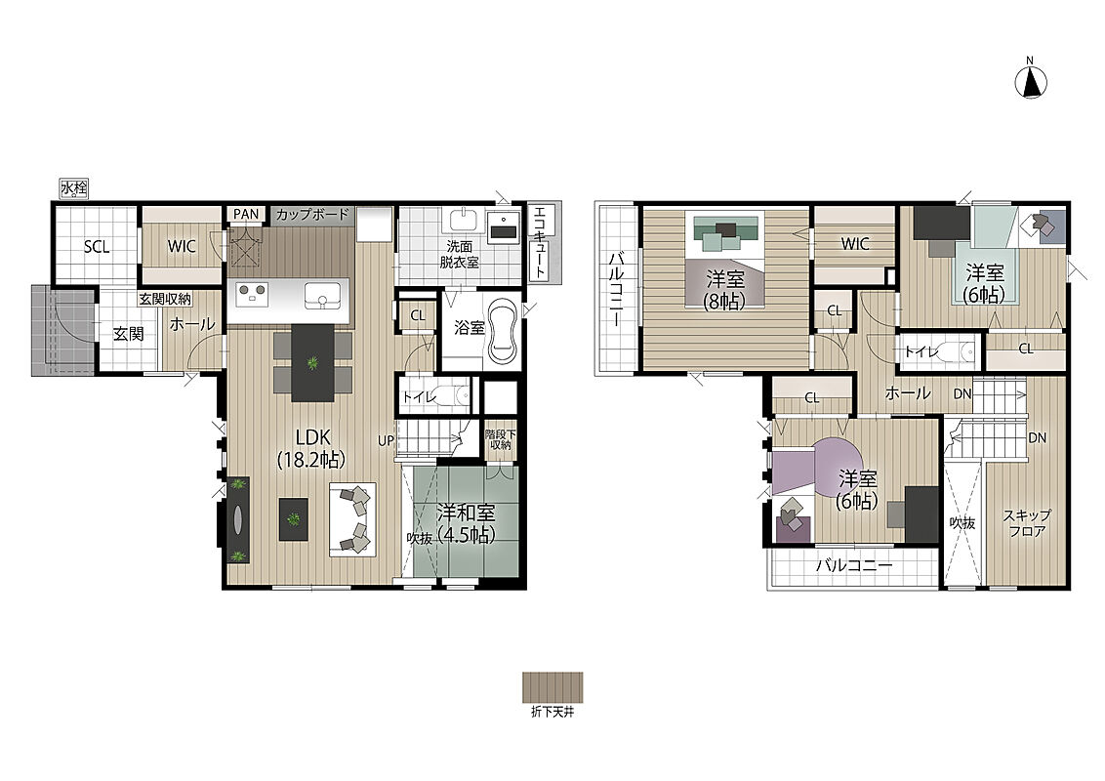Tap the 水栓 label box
click(x=74, y=189)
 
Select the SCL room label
click(x=97, y=247)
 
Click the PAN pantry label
click(x=246, y=214)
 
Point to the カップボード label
click(x=312, y=214)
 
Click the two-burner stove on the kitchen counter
click(x=251, y=293)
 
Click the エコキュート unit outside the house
click(x=540, y=242)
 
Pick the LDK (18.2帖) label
click(x=312, y=448)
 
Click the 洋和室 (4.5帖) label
click(x=465, y=522)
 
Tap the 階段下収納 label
click(x=501, y=439)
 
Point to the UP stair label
click(x=385, y=441)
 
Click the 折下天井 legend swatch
click(x=552, y=686)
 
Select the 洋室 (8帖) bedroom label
click(x=725, y=290)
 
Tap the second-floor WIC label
click(x=855, y=245)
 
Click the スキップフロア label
click(x=1027, y=523)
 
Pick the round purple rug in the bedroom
click(x=837, y=469)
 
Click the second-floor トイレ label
click(x=921, y=351)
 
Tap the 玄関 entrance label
click(x=128, y=334)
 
